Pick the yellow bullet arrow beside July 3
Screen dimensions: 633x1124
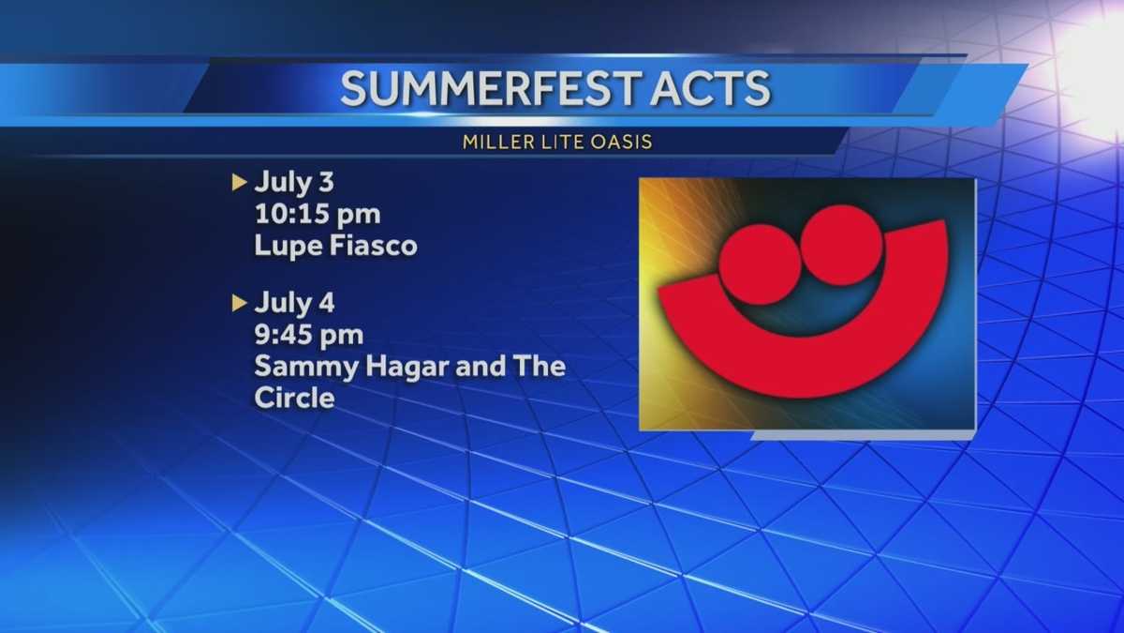tap(240, 183)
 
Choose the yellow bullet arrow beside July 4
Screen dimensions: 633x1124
tap(240, 303)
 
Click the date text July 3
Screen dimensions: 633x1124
tap(294, 183)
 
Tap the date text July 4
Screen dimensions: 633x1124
tap(294, 304)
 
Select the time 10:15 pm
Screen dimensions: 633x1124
tap(318, 214)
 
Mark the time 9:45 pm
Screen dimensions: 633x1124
tap(308, 334)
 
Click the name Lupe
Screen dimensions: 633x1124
tap(283, 246)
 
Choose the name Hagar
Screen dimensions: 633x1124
tap(393, 367)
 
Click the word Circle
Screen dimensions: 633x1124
tap(294, 397)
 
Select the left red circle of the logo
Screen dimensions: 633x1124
tap(760, 264)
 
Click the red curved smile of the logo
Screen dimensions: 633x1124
tap(806, 352)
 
